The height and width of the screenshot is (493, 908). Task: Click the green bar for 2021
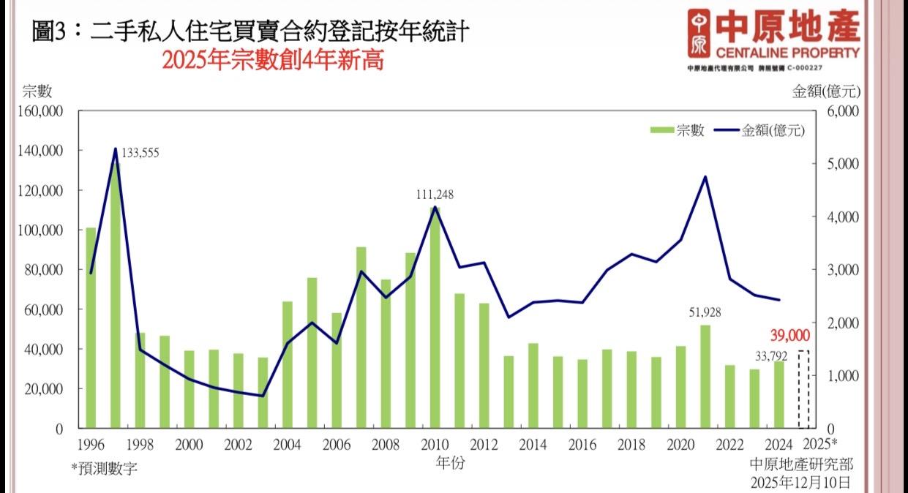click(705, 376)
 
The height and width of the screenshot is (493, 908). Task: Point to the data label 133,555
click(140, 153)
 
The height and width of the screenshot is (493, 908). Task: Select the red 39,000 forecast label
click(789, 335)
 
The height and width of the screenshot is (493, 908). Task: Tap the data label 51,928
click(705, 312)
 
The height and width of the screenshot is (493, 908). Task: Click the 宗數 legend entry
click(678, 130)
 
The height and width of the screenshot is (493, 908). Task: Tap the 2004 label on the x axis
click(288, 444)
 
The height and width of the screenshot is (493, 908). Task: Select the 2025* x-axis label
click(819, 444)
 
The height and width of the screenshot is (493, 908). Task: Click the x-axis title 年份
click(450, 462)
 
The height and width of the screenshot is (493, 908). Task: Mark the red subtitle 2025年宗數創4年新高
click(273, 61)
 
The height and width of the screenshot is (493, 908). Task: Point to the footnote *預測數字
click(103, 468)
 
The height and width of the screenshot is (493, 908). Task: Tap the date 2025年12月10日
click(801, 482)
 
